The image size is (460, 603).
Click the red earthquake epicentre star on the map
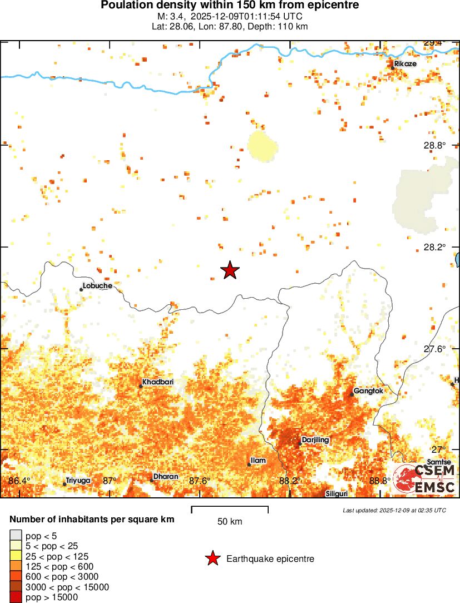tap(230, 270)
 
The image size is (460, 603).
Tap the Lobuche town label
tap(97, 286)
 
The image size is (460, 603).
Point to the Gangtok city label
tap(369, 391)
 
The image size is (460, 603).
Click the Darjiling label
tap(315, 440)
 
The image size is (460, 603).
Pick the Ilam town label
tap(258, 461)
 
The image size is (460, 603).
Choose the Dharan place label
tap(166, 477)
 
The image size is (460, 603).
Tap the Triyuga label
tap(78, 480)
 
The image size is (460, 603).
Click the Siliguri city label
tap(337, 494)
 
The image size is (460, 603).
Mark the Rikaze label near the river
tap(405, 64)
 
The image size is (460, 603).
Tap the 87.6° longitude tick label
tap(199, 481)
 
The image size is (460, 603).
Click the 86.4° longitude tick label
tap(20, 481)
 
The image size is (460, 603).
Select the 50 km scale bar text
tap(230, 522)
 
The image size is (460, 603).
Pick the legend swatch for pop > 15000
tap(16, 597)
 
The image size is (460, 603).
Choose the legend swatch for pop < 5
tap(16, 536)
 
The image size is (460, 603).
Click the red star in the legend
tap(212, 558)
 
